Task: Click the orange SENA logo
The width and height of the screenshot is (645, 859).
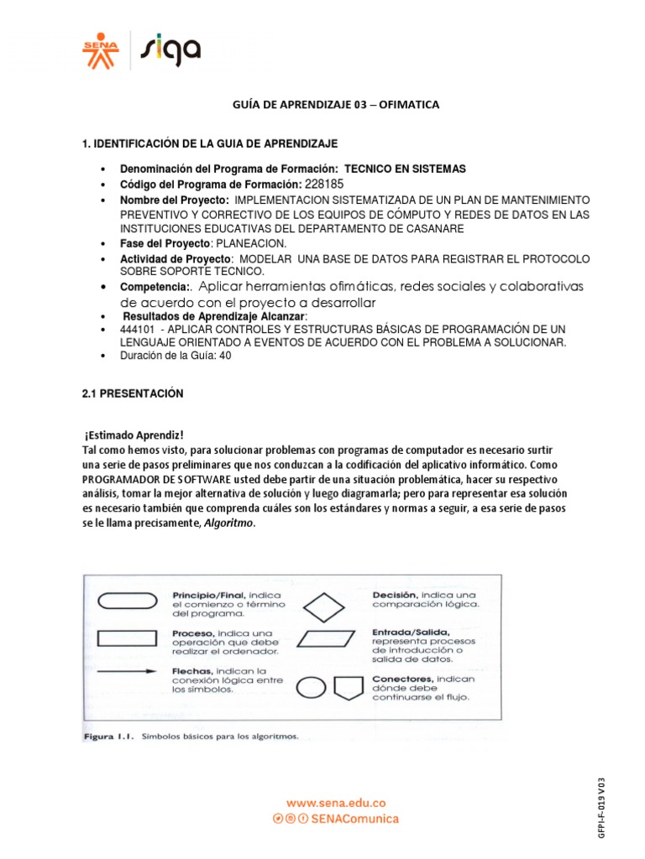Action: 101,51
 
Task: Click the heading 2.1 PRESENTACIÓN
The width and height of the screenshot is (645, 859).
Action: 132,393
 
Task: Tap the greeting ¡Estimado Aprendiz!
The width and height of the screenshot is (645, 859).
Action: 133,435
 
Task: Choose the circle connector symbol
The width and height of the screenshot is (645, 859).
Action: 311,688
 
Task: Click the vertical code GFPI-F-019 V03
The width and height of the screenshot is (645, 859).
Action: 624,812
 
